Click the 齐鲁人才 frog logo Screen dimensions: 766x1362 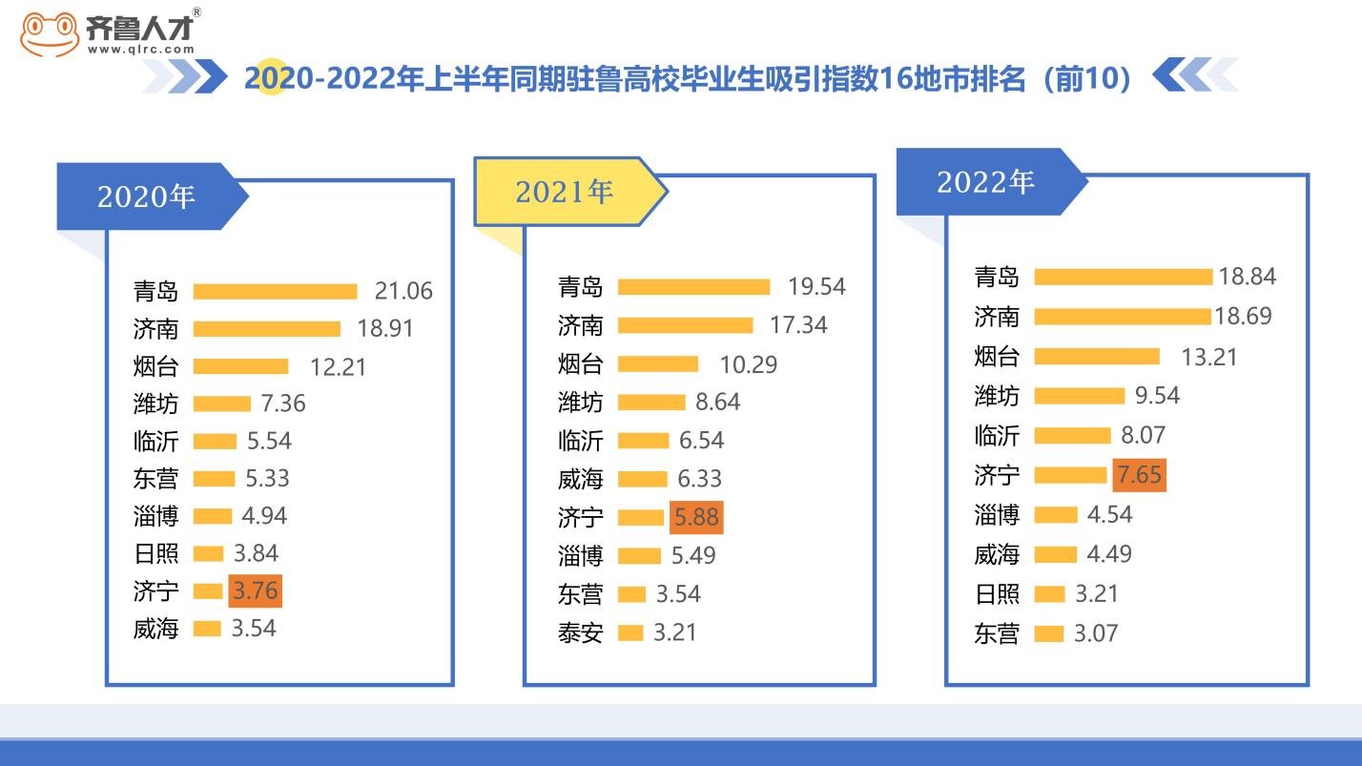(50, 34)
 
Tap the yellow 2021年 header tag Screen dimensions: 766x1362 (565, 192)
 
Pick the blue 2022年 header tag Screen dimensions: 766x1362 (985, 182)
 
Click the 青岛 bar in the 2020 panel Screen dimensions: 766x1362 (275, 291)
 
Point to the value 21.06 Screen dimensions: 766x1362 (404, 291)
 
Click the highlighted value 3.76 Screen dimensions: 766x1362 (256, 590)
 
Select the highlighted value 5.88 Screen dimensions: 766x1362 (696, 517)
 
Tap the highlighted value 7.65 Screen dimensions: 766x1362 (1139, 475)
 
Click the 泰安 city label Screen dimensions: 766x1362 (580, 632)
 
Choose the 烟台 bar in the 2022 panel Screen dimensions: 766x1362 (1097, 357)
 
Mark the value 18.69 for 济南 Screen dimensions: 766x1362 (1244, 317)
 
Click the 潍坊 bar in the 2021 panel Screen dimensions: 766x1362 (651, 403)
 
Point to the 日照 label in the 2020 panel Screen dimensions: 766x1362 (155, 553)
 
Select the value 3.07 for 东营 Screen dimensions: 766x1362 (1096, 633)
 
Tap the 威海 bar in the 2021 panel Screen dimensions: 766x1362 (643, 479)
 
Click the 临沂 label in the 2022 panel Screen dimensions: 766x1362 (997, 436)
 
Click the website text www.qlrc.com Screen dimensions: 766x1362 (141, 50)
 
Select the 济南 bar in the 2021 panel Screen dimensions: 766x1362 (685, 325)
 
